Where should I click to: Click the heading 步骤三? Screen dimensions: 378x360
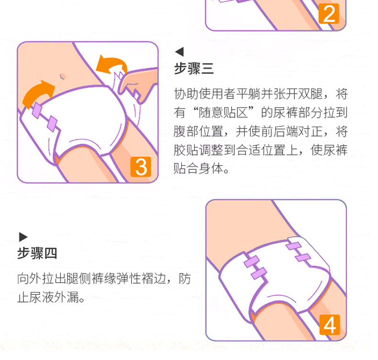pos(194,69)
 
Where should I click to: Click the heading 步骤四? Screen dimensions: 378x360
pos(37,253)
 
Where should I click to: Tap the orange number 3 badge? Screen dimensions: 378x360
pos(141,167)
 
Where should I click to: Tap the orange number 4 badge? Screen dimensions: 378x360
pos(330,325)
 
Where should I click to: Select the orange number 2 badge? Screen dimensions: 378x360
pos(329,13)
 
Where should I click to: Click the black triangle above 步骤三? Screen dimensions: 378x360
pos(179,52)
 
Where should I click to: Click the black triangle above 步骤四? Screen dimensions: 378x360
pos(23,237)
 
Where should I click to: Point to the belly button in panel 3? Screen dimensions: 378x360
pos(63,76)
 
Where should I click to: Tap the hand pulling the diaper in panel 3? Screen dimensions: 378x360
pos(137,84)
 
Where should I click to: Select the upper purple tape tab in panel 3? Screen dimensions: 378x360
pos(37,110)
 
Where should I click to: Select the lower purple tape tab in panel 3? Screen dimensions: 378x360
pos(52,123)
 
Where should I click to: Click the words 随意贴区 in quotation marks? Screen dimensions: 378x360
pos(223,113)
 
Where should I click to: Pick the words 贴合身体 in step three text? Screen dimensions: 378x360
pos(199,169)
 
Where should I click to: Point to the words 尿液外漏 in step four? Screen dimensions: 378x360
pos(54,297)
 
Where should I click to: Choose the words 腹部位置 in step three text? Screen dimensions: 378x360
pos(199,131)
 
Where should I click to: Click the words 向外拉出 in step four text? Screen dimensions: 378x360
pos(42,279)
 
